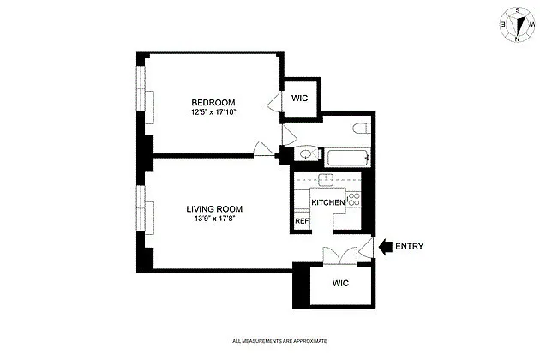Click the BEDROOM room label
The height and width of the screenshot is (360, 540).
click(x=213, y=103)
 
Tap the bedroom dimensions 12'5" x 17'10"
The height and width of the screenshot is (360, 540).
click(x=213, y=112)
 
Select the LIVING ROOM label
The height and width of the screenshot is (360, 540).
click(x=214, y=209)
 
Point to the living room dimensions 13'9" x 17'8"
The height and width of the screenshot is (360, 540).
click(x=214, y=219)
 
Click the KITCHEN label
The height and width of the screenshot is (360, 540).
click(x=327, y=202)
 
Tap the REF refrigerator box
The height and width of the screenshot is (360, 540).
click(x=302, y=220)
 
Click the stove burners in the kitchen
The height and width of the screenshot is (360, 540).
click(x=354, y=200)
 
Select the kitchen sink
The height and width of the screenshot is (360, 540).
click(x=326, y=180)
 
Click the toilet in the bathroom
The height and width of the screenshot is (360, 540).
click(x=362, y=129)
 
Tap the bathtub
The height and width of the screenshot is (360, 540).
click(x=347, y=158)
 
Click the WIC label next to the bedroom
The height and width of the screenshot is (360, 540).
click(x=299, y=99)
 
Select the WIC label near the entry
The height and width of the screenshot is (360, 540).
click(x=340, y=283)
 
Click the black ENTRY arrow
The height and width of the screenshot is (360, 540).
click(x=386, y=246)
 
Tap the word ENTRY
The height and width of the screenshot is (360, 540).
click(x=409, y=246)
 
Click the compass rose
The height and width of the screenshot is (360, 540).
click(x=517, y=25)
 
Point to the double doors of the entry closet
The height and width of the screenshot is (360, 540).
click(x=340, y=255)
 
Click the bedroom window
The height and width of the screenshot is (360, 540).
click(x=141, y=88)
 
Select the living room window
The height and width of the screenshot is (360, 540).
click(x=141, y=208)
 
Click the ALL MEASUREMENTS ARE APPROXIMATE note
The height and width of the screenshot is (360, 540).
click(x=279, y=341)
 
